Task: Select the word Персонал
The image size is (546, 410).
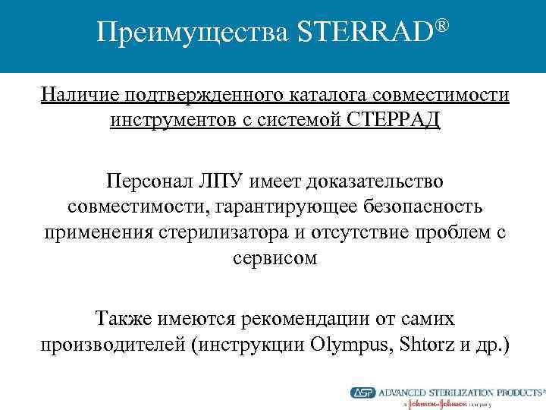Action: pos(146,183)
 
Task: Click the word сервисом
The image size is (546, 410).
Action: pos(274,258)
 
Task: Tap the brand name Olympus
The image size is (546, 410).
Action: pos(347,345)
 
